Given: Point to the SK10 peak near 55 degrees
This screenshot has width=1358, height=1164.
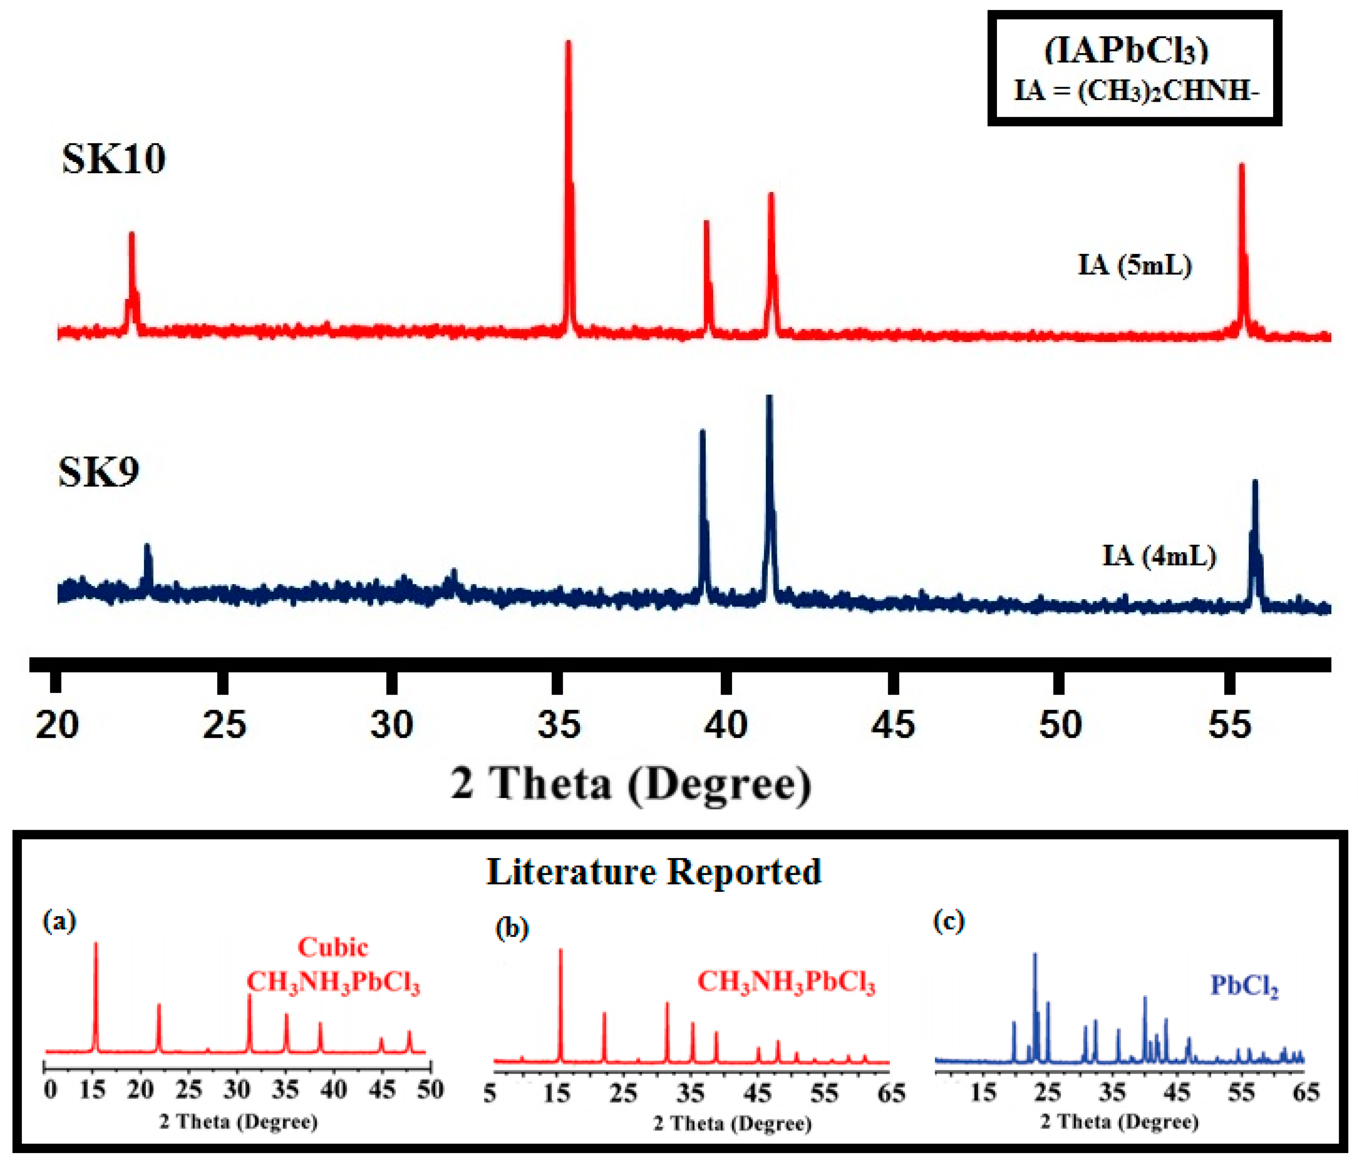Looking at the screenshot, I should (x=1241, y=197).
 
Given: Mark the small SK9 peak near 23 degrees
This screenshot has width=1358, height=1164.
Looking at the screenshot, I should (x=147, y=557).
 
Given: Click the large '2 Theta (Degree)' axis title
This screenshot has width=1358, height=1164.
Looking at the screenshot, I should (x=630, y=783).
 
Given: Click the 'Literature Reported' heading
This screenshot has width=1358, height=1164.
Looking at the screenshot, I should (x=653, y=872).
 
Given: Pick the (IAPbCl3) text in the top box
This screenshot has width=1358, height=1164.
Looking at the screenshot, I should (x=1126, y=51).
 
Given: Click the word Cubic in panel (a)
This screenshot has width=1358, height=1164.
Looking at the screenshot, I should (x=333, y=948).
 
